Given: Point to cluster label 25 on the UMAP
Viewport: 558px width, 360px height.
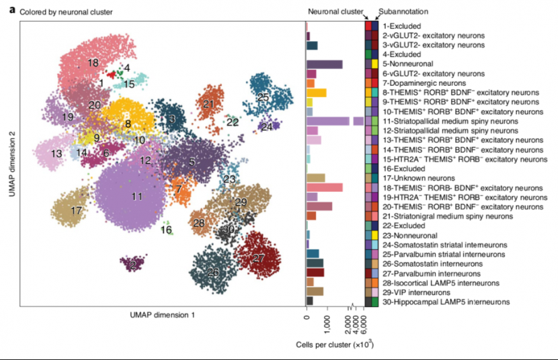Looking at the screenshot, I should pos(263,96).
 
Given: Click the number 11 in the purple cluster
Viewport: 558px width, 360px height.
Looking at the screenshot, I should pos(137,197).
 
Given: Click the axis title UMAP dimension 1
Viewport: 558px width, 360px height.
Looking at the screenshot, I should pos(163,315).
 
